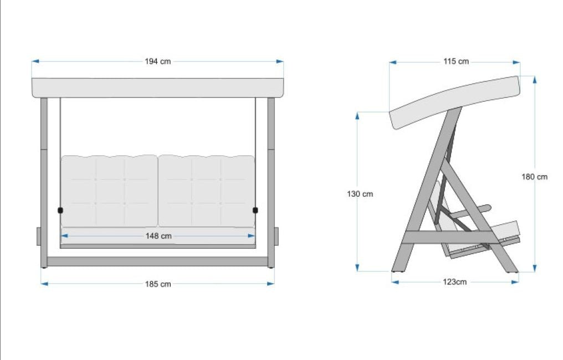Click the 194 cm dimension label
click(157, 61)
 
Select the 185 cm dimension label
click(157, 284)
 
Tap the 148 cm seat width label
click(158, 236)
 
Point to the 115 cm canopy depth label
click(456, 61)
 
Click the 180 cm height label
click(534, 177)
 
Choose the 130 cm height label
click(360, 194)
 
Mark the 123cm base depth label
click(454, 282)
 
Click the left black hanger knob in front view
click(60, 210)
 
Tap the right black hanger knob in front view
click(255, 210)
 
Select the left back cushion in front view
click(109, 191)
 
